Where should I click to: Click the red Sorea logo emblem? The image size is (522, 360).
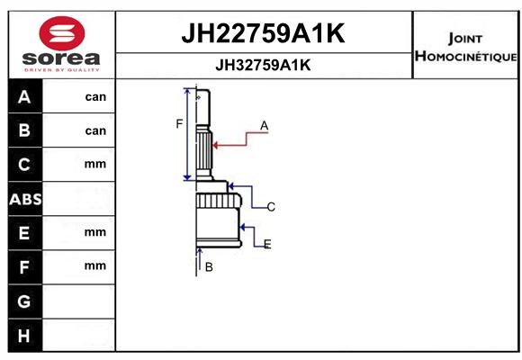[x=62, y=33]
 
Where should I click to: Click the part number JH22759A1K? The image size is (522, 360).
[x=263, y=33]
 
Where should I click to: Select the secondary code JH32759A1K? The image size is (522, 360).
[x=263, y=65]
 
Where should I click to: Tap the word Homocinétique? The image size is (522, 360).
[x=465, y=56]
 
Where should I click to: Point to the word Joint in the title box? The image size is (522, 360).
[x=465, y=39]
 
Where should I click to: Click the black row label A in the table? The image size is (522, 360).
[x=24, y=97]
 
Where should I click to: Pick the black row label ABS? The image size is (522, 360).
[x=25, y=199]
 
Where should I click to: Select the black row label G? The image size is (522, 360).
[x=24, y=301]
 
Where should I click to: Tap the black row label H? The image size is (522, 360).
[x=24, y=336]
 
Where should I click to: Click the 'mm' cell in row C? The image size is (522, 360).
[x=95, y=164]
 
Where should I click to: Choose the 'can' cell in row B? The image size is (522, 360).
[x=95, y=130]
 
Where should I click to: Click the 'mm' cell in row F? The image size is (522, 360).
[x=95, y=265]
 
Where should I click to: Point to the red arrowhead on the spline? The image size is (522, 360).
[x=216, y=145]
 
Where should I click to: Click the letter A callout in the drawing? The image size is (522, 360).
[x=264, y=126]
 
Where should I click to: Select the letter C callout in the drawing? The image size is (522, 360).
[x=271, y=207]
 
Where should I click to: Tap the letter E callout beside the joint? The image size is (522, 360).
[x=267, y=245]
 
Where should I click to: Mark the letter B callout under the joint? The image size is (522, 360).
[x=209, y=267]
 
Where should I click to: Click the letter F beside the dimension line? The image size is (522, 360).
[x=179, y=124]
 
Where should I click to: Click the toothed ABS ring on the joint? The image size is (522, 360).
[x=219, y=201]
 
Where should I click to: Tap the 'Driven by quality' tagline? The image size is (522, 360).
[x=62, y=70]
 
